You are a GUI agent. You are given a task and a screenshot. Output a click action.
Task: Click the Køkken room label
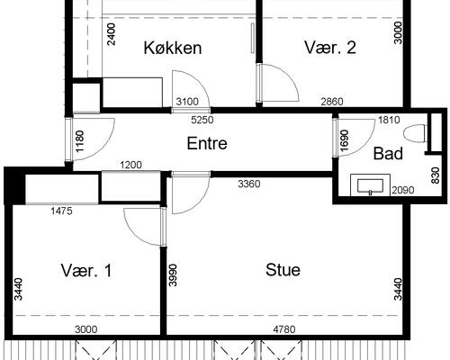[x=173, y=48]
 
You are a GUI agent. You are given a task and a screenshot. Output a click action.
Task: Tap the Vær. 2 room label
[x=330, y=48]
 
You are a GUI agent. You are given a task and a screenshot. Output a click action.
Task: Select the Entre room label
[x=207, y=143]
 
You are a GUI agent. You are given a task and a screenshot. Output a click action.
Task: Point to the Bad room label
[x=388, y=154]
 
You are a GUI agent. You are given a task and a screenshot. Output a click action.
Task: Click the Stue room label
[x=283, y=270]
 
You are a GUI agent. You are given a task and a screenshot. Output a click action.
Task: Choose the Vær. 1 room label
[x=86, y=270]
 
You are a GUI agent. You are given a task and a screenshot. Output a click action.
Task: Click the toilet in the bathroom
[x=415, y=133]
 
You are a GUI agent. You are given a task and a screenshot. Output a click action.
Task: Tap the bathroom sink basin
[x=370, y=185]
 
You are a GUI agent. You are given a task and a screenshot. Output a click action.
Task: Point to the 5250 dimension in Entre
[x=202, y=120]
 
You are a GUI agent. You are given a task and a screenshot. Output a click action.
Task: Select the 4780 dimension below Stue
[x=284, y=329]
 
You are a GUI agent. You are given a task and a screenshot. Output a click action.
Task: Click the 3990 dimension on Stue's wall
[x=173, y=275]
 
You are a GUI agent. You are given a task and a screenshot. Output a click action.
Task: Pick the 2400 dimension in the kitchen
[x=111, y=34]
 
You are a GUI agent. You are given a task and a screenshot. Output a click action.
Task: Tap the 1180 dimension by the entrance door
[x=80, y=141]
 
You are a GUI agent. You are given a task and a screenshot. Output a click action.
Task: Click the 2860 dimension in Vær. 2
[x=332, y=102]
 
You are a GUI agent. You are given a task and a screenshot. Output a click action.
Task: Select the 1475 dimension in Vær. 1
[x=61, y=211]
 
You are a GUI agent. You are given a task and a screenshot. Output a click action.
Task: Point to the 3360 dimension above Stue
[x=249, y=184]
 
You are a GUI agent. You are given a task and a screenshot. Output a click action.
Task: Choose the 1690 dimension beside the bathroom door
[x=345, y=140]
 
